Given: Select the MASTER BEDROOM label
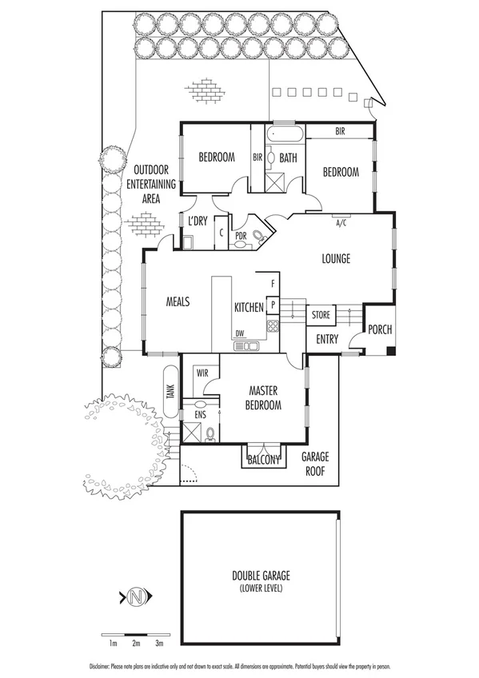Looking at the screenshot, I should click(x=265, y=398).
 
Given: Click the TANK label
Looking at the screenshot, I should click(x=170, y=391).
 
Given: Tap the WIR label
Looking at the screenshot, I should click(x=202, y=373).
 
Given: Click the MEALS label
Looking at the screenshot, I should click(x=178, y=302).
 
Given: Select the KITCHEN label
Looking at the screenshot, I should click(x=249, y=308).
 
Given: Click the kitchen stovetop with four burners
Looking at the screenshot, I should click(x=272, y=325).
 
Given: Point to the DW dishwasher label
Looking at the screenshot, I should click(x=239, y=333).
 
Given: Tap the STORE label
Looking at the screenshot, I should click(x=320, y=316).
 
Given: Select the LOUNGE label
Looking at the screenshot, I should click(x=336, y=258).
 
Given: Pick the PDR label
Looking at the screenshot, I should click(x=239, y=235).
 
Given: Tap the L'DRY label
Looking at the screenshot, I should click(x=198, y=221).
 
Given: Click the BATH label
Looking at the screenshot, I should click(x=288, y=158).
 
